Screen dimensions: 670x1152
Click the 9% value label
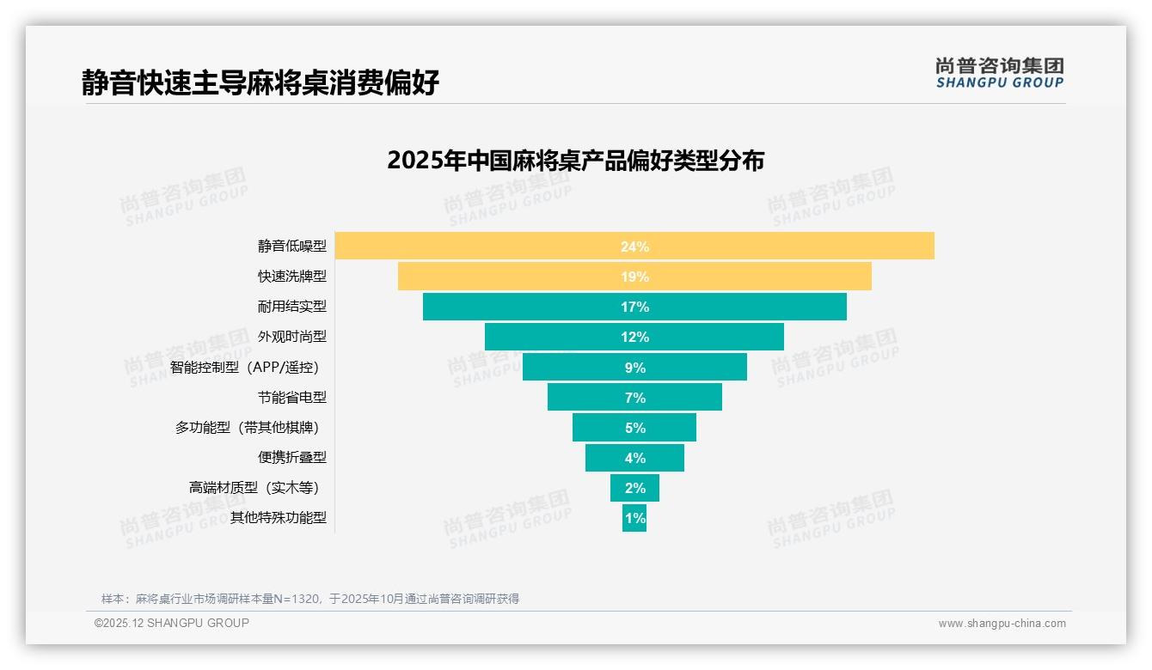pyautogui.click(x=634, y=368)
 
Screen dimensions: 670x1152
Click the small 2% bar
pyautogui.click(x=634, y=488)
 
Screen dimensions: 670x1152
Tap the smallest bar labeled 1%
pyautogui.click(x=634, y=518)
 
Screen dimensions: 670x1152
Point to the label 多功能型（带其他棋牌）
pyautogui.click(x=250, y=428)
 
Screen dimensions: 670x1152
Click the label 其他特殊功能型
pyautogui.click(x=278, y=518)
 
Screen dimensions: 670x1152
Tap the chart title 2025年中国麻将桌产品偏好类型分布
pyautogui.click(x=575, y=161)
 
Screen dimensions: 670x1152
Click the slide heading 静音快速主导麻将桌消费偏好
pyautogui.click(x=260, y=82)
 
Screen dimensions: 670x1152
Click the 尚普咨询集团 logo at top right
pyautogui.click(x=999, y=73)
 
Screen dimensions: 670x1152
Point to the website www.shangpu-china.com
pyautogui.click(x=1002, y=624)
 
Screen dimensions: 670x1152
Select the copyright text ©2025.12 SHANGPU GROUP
pyautogui.click(x=172, y=623)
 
